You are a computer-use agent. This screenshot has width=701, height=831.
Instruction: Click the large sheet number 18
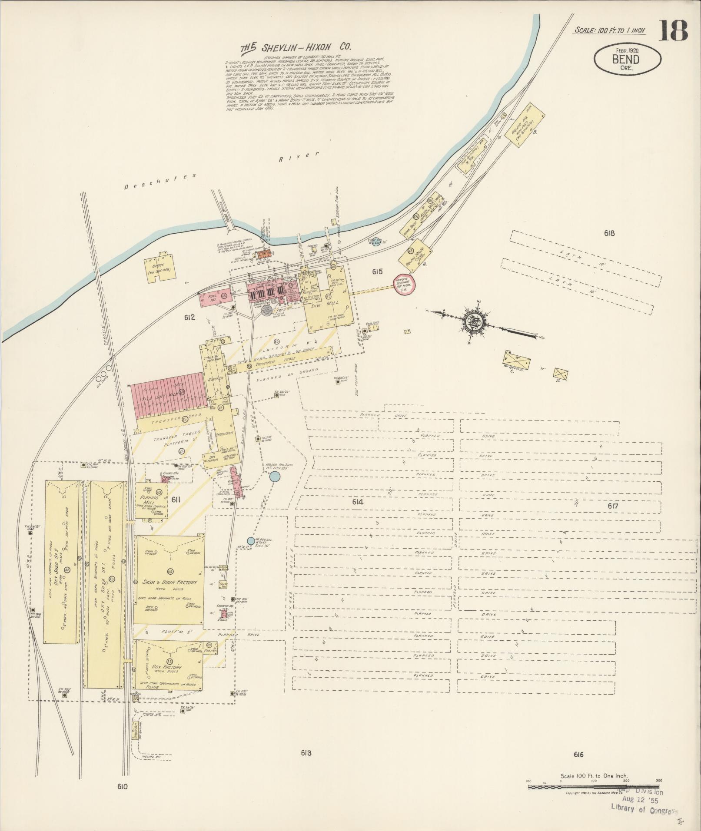point(674,30)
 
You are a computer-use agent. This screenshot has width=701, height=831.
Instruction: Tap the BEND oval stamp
point(627,58)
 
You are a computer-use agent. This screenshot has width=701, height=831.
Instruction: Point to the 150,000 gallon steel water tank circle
point(275,477)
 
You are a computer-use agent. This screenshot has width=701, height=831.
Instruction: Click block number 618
point(609,233)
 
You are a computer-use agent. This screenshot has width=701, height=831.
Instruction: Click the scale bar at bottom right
point(593,787)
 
